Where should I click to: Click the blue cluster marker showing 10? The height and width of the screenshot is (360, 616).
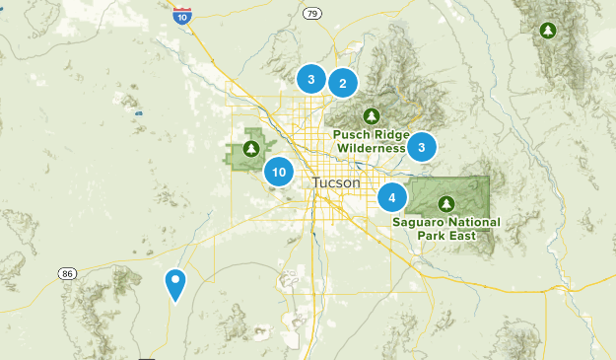point(280,173)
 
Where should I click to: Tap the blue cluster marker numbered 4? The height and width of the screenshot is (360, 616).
point(392,198)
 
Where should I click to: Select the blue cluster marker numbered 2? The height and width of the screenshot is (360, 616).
point(342,84)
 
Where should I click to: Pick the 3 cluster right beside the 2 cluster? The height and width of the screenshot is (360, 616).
point(310,78)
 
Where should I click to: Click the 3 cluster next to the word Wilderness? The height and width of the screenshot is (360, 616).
point(421,147)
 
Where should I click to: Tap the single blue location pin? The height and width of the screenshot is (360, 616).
point(175,284)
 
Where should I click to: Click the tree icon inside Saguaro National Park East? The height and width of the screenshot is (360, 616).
point(446,203)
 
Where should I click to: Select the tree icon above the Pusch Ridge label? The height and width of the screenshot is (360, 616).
point(372,114)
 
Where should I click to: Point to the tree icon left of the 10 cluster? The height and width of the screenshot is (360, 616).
point(250,149)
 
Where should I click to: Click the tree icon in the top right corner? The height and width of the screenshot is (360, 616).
point(546,31)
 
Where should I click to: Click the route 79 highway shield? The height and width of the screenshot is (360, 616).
point(312,13)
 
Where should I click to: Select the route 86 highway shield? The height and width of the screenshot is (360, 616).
point(67,272)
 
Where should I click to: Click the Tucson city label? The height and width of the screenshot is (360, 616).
point(336,183)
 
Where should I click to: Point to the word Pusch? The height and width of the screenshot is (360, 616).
point(351,134)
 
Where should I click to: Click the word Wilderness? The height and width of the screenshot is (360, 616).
point(372,148)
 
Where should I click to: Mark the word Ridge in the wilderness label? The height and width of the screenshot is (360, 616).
point(390,134)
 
